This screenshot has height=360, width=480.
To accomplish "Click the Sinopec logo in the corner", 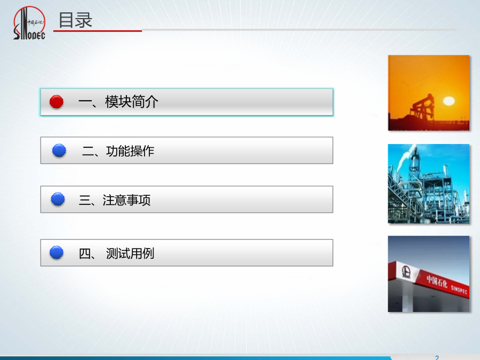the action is (x=29, y=23).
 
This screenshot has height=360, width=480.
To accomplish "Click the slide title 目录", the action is (x=75, y=20).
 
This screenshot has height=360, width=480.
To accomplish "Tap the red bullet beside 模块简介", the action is (x=57, y=102).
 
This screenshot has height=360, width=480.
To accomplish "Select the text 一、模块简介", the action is (x=118, y=102).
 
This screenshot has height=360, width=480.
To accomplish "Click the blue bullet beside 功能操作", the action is (x=59, y=150).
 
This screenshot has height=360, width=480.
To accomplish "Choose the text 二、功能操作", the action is (x=118, y=151).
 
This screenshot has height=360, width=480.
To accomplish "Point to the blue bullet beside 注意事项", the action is (x=58, y=199).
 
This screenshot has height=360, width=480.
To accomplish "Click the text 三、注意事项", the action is (x=115, y=200).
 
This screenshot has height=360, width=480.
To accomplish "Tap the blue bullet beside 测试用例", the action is (x=57, y=253).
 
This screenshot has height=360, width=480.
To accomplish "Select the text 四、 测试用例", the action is (x=117, y=253).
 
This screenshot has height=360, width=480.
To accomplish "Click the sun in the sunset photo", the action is (x=449, y=101).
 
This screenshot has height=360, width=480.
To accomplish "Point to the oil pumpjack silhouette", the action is (x=422, y=107).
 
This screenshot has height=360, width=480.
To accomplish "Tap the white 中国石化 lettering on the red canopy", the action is (x=437, y=281).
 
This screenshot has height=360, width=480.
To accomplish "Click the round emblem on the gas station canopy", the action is (x=406, y=271).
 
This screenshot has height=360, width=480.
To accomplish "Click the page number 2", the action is (x=437, y=357).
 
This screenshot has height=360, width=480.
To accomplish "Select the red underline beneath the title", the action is (x=98, y=30).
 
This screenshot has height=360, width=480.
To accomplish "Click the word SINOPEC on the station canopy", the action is (x=459, y=289).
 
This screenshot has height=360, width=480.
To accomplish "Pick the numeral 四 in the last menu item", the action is (x=85, y=253).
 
